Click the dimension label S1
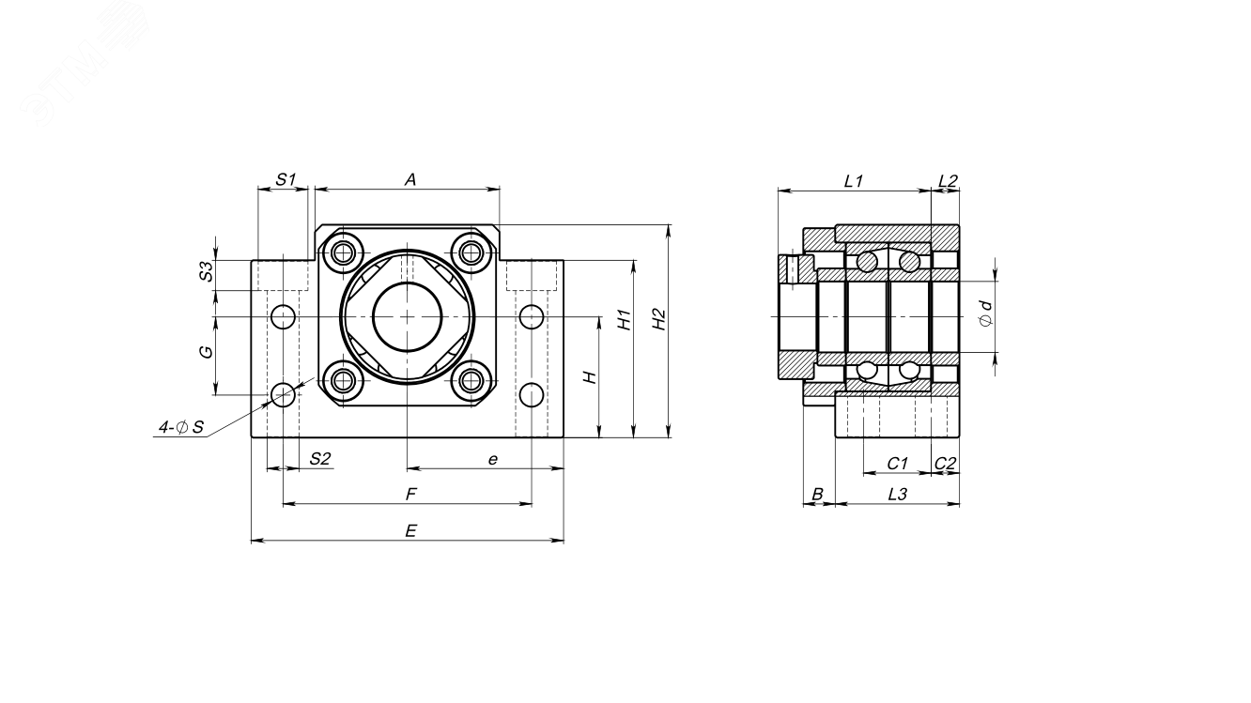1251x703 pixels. click(x=286, y=179)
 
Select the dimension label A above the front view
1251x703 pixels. click(x=409, y=179)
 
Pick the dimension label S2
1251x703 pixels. click(x=320, y=458)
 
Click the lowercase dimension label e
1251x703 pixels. click(x=491, y=458)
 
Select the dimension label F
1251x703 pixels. click(x=409, y=494)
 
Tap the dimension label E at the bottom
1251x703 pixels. click(x=409, y=530)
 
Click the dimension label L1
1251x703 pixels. click(x=853, y=180)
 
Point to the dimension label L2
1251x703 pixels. click(x=948, y=180)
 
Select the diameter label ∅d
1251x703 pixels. click(x=985, y=313)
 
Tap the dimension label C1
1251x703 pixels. click(x=897, y=463)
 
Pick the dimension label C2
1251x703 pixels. click(x=946, y=463)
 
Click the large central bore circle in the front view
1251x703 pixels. click(x=407, y=316)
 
